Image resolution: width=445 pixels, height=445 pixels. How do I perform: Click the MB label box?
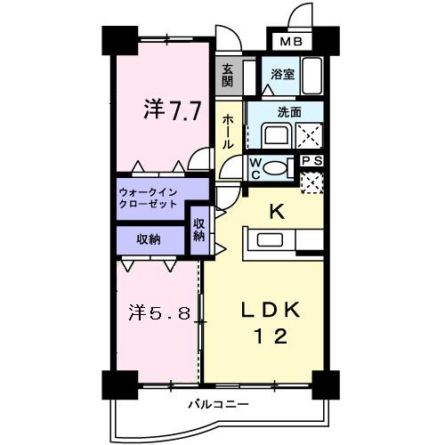pos(292,41)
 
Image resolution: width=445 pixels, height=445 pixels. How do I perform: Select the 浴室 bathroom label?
pos(283,76)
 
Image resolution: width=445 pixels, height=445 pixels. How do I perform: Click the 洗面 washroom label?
pos(287,113)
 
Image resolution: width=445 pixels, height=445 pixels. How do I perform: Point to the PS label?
pos(311,160)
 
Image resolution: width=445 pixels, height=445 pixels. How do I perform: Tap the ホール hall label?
pos(230,131)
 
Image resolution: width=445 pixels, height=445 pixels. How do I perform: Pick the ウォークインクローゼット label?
pos(148,198)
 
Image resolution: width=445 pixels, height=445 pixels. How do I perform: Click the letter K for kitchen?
pos(277,211)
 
